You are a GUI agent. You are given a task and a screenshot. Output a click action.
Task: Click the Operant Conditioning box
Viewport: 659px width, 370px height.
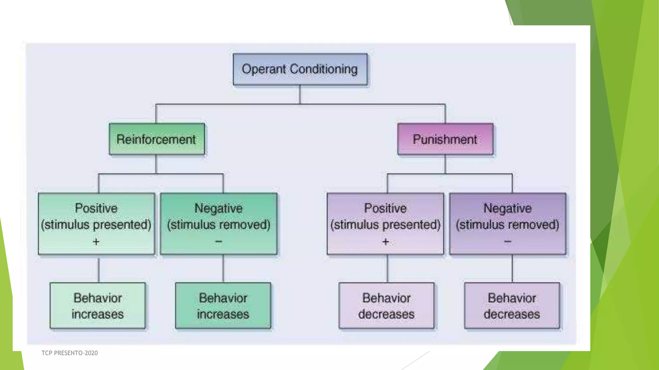click(300, 69)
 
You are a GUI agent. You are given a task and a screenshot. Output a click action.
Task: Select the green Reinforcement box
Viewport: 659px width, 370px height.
click(157, 139)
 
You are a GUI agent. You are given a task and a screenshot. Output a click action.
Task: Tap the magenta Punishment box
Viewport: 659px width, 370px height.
click(445, 139)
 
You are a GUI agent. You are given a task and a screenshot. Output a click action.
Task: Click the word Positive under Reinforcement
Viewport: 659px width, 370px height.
click(96, 208)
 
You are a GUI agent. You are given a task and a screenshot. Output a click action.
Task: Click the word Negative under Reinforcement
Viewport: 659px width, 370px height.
click(218, 208)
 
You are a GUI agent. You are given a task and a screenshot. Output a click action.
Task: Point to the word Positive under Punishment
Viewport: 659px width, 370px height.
click(385, 208)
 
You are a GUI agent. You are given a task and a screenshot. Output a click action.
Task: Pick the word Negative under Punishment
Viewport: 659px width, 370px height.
click(507, 208)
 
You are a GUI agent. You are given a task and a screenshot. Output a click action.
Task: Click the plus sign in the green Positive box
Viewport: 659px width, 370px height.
click(96, 242)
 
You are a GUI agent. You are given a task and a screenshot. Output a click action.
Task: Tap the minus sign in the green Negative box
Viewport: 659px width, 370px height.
click(218, 241)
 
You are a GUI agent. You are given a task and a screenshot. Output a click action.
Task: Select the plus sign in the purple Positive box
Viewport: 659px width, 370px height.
click(385, 242)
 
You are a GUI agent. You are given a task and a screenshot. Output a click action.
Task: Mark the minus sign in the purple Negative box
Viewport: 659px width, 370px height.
click(507, 241)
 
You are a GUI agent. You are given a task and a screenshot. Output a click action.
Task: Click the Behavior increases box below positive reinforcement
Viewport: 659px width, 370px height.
click(97, 306)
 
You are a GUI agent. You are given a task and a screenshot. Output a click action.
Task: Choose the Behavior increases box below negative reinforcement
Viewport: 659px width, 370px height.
click(223, 306)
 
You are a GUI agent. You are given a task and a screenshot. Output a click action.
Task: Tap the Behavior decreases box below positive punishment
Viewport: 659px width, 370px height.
click(386, 306)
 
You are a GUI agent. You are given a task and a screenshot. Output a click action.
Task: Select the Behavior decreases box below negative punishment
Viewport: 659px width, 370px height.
click(512, 306)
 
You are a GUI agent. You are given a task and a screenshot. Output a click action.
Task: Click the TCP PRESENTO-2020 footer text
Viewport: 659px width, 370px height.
click(70, 353)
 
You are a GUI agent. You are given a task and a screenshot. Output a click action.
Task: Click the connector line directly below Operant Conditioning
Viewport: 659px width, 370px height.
click(300, 94)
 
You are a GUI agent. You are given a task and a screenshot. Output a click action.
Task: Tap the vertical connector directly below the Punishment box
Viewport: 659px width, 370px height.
click(445, 164)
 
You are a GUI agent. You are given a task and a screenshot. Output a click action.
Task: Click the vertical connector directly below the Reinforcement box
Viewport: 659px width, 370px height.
click(156, 164)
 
